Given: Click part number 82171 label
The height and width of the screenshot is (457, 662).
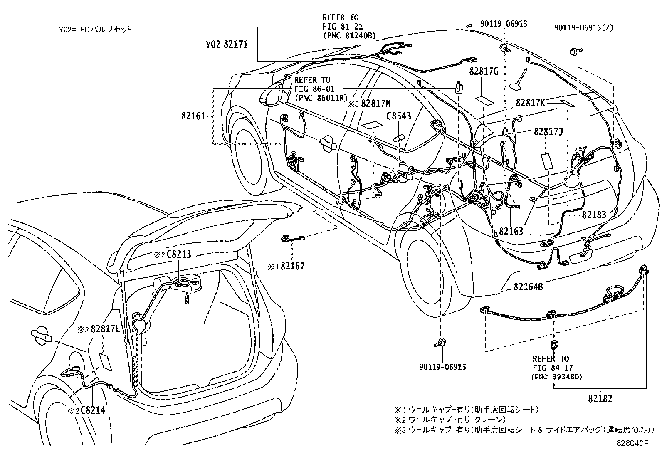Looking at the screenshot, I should pos(236,44).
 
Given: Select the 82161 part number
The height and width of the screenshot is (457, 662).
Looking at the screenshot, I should pos(193,116).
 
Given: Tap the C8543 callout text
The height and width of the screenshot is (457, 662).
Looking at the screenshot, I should pos(398,116).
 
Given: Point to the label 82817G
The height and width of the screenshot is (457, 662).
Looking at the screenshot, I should pos(484,72).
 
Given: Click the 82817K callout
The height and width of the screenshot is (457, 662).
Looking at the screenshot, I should pos(530,102).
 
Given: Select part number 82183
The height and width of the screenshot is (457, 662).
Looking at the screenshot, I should pos(594,215).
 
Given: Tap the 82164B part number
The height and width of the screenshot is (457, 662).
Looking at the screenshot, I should pos(528,287).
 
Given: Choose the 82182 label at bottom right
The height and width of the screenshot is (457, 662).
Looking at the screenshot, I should pos(600,399).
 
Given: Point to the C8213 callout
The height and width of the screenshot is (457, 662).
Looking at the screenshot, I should pos(179,254).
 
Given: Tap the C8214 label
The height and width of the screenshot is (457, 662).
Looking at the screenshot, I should pos(92,410).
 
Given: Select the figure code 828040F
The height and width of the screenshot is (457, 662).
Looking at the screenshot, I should pos(632,443).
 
